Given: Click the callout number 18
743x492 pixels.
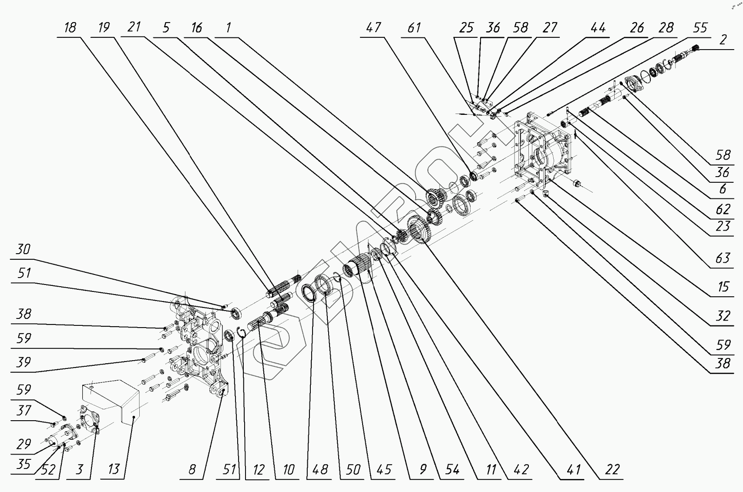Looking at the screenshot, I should click(x=70, y=28).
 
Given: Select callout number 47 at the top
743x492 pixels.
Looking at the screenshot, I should click(x=373, y=28).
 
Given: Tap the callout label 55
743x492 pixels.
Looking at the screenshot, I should click(x=700, y=28).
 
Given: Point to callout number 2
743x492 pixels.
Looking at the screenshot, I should click(x=723, y=40).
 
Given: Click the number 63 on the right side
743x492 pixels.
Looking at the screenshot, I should click(x=723, y=258).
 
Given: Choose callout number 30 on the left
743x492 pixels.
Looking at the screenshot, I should click(x=23, y=249).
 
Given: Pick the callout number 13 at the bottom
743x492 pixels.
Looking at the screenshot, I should click(x=114, y=469).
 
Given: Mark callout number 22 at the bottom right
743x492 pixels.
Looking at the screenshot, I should click(x=612, y=469).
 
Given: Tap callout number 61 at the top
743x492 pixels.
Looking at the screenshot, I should click(x=414, y=28).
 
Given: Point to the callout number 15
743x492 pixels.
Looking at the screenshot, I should click(x=723, y=287).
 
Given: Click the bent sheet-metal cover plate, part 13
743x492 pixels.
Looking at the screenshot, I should click(x=111, y=400).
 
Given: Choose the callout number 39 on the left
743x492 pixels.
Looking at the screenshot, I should click(x=23, y=362).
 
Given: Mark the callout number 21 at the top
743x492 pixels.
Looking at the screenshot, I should click(x=134, y=27).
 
